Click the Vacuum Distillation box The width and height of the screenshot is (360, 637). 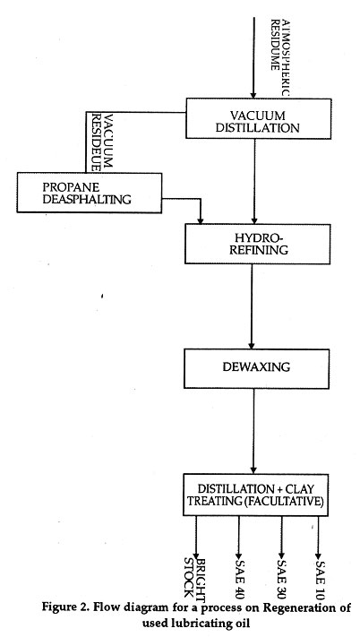coord(259,118)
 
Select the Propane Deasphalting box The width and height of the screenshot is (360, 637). coord(90,193)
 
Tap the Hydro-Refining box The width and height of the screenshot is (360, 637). coord(258,244)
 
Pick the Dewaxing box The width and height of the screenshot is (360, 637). coord(256,368)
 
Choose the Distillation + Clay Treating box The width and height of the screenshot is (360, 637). coord(256,495)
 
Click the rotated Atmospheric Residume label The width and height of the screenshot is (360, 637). coord(280,56)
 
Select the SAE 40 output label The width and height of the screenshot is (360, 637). coord(239,574)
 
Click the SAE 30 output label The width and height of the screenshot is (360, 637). coord(282,574)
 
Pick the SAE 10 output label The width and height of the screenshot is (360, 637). coord(320,574)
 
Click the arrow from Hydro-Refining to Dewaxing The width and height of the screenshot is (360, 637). coord(252,306)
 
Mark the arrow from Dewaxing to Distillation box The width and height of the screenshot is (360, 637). coord(254,431)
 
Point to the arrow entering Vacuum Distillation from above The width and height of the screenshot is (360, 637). coord(253,57)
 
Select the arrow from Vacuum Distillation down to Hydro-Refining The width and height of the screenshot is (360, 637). coord(254,181)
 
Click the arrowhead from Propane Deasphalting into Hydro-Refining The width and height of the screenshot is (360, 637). coord(200,220)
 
